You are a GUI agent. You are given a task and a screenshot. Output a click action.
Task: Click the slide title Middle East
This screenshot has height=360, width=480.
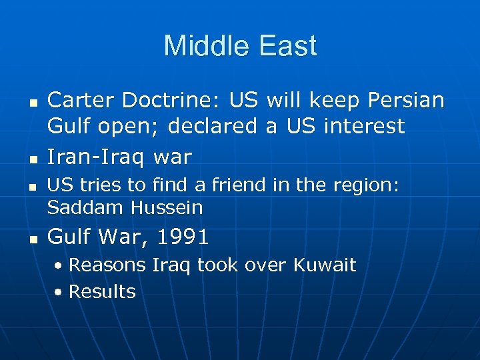pos(240,47)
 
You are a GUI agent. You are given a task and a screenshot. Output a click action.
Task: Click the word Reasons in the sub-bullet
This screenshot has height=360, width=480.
pos(107,265)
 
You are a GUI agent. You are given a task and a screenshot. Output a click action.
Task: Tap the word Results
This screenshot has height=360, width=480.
pos(102,291)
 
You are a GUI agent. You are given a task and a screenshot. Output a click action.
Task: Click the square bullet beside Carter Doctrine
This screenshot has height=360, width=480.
pos(31,102)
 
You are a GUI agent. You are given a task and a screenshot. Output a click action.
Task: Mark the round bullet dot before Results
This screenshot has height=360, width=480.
pos(60,292)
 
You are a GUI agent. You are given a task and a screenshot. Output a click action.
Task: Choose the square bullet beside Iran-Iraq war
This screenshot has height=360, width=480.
pos(31,159)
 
